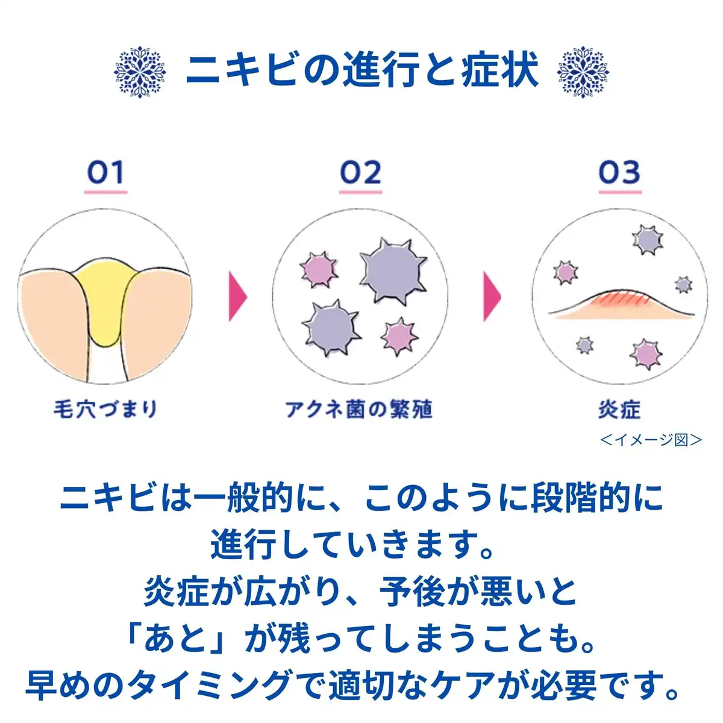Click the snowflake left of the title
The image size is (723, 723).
coord(140,72)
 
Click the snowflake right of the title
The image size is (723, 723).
coord(583,72)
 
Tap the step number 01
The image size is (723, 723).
coord(105,173)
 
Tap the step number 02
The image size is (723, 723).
coord(360,173)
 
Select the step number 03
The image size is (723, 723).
coord(619,173)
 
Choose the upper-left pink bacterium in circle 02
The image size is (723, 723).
coord(319,269)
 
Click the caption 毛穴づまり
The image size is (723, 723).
coord(105,409)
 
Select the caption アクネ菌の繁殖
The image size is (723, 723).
coord(359,409)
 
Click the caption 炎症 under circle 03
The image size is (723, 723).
coord(619,410)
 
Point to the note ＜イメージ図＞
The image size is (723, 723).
coord(651,440)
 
